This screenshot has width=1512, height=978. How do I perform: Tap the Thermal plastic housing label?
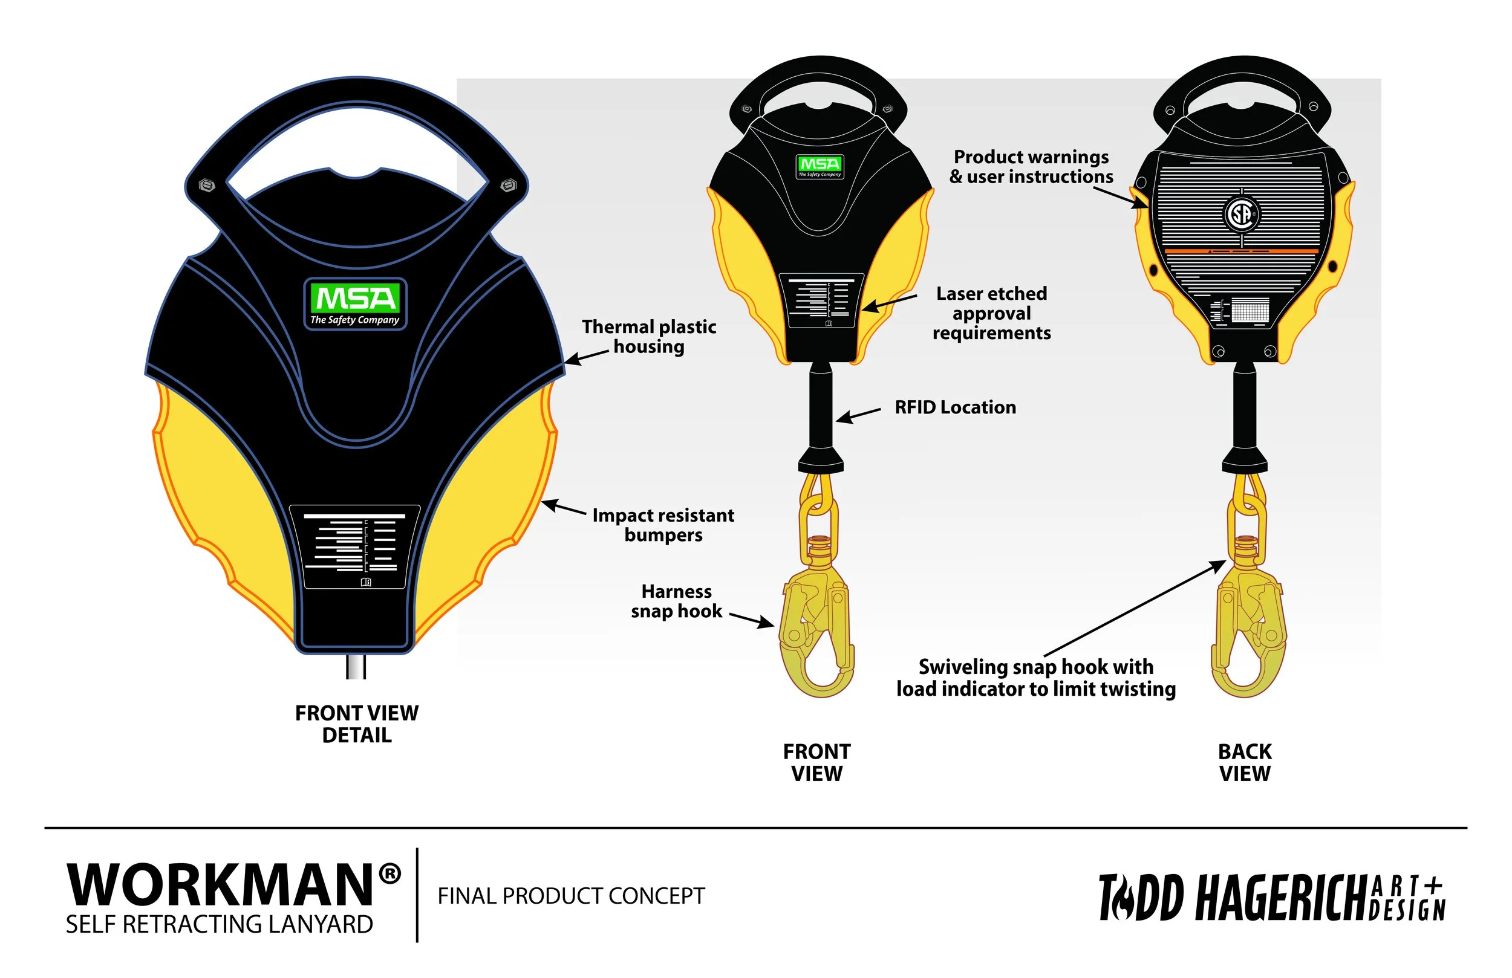coord(648,337)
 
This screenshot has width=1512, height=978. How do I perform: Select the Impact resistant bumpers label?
coord(663,525)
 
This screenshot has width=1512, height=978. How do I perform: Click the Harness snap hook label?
coord(676,601)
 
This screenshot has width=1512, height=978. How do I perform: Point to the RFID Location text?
coord(955,407)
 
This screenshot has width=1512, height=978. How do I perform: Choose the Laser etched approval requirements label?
coord(991,313)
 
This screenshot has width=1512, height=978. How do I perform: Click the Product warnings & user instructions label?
coord(1031,166)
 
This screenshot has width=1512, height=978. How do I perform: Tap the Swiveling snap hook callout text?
coord(1035,678)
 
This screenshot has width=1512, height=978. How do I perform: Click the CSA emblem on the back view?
coord(1242,213)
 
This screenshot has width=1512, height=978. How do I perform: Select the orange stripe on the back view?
coord(1242,251)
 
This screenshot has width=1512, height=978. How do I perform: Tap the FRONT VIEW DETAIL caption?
coord(356,724)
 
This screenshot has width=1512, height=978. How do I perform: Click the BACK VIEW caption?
coord(1245,762)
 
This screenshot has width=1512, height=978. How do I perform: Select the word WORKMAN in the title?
coord(220,886)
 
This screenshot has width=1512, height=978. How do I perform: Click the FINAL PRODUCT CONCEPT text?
coord(571,896)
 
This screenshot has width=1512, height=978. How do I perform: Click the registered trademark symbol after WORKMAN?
coord(389,875)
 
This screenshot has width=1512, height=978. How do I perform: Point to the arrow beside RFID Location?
coord(858,415)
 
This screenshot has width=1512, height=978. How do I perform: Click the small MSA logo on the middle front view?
coord(820,166)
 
